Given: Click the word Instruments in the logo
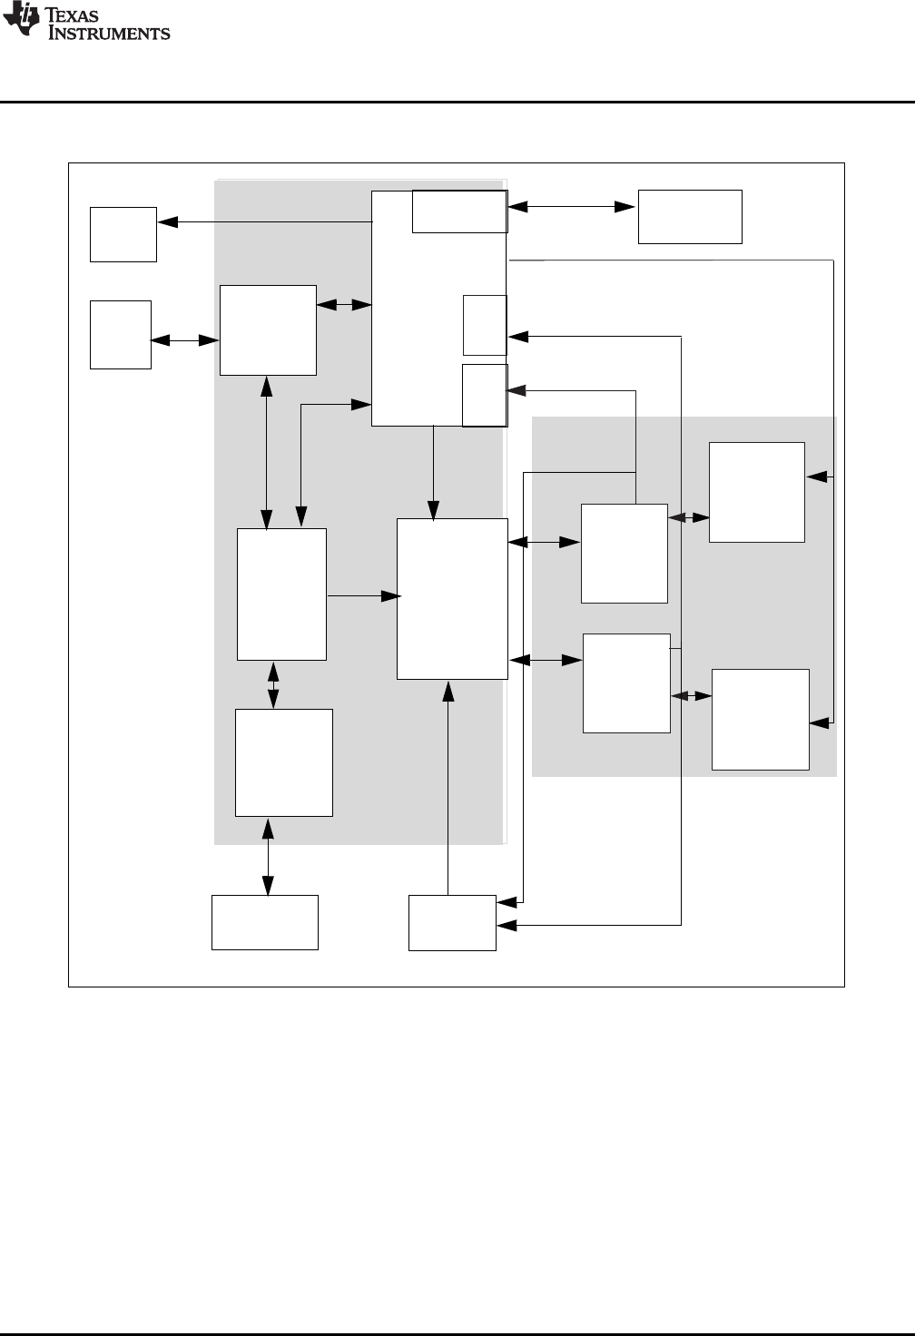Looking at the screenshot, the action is [109, 34].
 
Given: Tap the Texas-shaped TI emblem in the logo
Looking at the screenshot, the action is [20, 20].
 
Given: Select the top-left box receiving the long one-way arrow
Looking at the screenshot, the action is [123, 234].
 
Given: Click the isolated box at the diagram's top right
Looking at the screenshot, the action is [690, 216].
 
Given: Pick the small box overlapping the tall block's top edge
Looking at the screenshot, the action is [459, 211].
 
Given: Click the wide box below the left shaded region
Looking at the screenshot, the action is [265, 922].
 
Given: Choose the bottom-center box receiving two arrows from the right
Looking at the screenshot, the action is [452, 922].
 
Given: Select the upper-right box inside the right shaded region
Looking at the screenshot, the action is [756, 492].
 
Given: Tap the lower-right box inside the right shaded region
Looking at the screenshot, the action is [760, 719].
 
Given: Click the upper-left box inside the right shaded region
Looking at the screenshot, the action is [624, 553].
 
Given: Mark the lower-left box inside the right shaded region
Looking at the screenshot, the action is [626, 683].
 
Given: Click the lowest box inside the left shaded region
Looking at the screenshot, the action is [283, 762].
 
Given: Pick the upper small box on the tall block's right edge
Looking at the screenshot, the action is [485, 324].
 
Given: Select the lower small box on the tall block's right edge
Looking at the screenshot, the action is [485, 395].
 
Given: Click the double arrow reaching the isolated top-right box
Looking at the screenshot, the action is [571, 207].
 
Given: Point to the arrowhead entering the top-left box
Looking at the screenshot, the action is [164, 221].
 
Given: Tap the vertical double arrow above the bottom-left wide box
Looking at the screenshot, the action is [268, 856].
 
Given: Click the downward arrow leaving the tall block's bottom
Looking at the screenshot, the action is [434, 472].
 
